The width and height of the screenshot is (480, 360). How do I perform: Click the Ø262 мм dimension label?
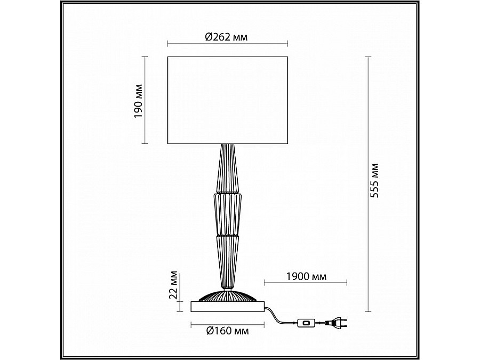227,37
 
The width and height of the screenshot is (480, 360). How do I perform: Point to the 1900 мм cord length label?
306,276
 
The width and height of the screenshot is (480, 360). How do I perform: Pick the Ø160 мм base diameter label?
228,331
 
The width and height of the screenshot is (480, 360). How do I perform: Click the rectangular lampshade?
228,100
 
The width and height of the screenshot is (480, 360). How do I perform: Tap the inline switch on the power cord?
306,322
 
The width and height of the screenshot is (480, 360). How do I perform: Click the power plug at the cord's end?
335,322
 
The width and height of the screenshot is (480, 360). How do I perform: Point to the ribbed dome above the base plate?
228,295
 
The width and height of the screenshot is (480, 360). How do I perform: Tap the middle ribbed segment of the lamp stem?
228,213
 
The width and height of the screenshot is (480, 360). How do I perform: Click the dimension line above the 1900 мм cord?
306,283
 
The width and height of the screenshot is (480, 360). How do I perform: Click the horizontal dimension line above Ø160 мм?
228,323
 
